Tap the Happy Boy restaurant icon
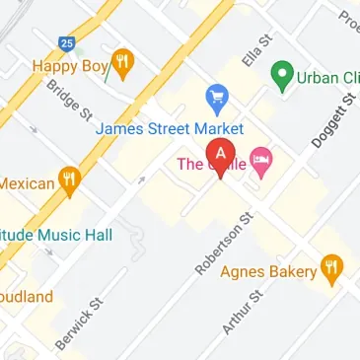pyautogui.click(x=123, y=65)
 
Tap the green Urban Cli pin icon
pyautogui.click(x=284, y=74)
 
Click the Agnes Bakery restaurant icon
pyautogui.click(x=333, y=267)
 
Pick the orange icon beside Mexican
pyautogui.click(x=68, y=180)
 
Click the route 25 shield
pyautogui.click(x=67, y=44)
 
